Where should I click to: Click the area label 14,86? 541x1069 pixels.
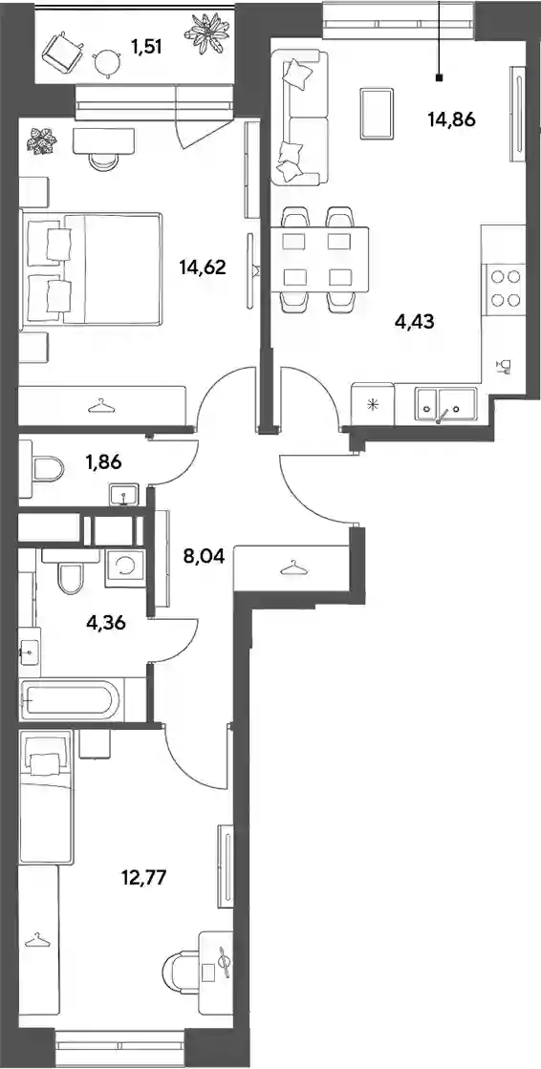pyautogui.click(x=450, y=120)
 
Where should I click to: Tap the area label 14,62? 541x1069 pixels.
pyautogui.click(x=203, y=267)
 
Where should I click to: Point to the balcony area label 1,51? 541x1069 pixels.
pyautogui.click(x=148, y=49)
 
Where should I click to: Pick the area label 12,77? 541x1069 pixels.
pyautogui.click(x=144, y=876)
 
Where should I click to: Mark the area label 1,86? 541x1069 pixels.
pyautogui.click(x=104, y=463)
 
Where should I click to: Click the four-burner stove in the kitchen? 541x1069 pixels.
pyautogui.click(x=506, y=288)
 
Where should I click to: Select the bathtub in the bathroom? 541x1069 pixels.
pyautogui.click(x=70, y=698)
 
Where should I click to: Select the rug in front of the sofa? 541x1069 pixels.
pyautogui.click(x=375, y=113)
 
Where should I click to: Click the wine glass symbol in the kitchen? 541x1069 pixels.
pyautogui.click(x=506, y=368)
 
